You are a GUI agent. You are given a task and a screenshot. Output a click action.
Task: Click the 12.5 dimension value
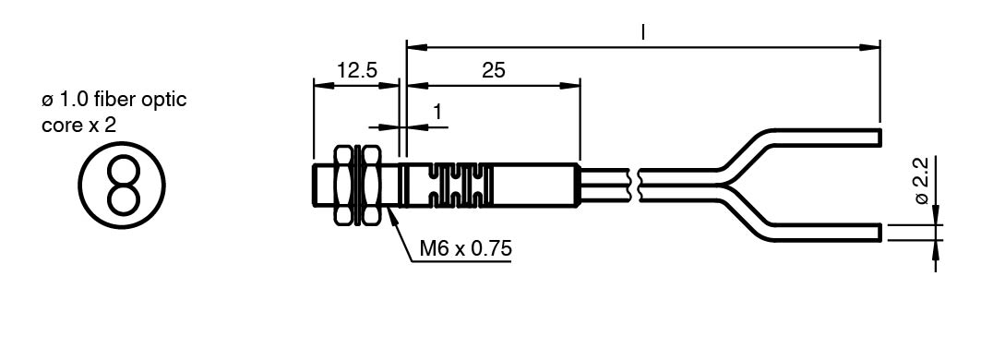pyautogui.click(x=357, y=69)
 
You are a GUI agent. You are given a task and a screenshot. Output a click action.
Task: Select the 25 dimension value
pyautogui.click(x=494, y=70)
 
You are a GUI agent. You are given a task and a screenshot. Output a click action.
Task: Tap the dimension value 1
pyautogui.click(x=437, y=112)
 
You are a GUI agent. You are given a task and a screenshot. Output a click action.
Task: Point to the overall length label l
pyautogui.click(x=642, y=32)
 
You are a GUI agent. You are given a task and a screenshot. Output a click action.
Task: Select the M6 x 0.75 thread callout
pyautogui.click(x=465, y=248)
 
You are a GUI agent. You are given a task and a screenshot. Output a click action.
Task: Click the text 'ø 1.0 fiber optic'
pyautogui.click(x=114, y=100)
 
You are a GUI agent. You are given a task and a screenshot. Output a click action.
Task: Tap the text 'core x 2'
pyautogui.click(x=78, y=126)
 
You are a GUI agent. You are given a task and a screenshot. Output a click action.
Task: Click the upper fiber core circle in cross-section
pyautogui.click(x=122, y=170)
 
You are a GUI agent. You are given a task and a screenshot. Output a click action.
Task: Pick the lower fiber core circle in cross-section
pyautogui.click(x=122, y=198)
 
